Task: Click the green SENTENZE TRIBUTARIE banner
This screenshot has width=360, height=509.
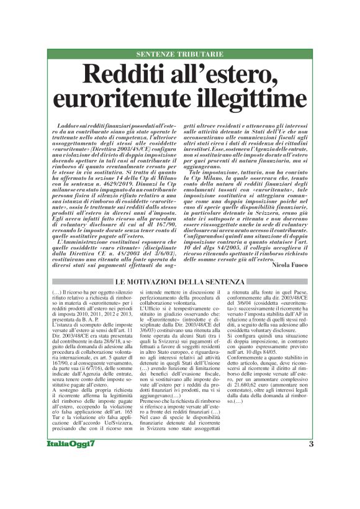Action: (x=180, y=55)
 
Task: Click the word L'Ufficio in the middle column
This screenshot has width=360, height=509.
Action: (x=151, y=292)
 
